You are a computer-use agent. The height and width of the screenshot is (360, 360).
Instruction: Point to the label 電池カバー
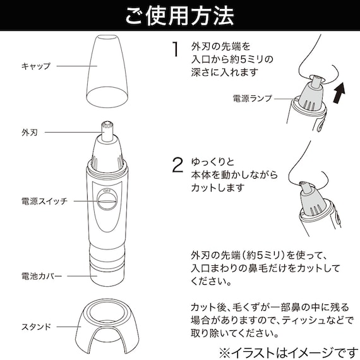click(39, 276)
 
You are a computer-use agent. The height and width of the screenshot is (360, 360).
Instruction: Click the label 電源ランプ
click(253, 99)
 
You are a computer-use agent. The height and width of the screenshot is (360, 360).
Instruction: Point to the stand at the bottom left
click(107, 323)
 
